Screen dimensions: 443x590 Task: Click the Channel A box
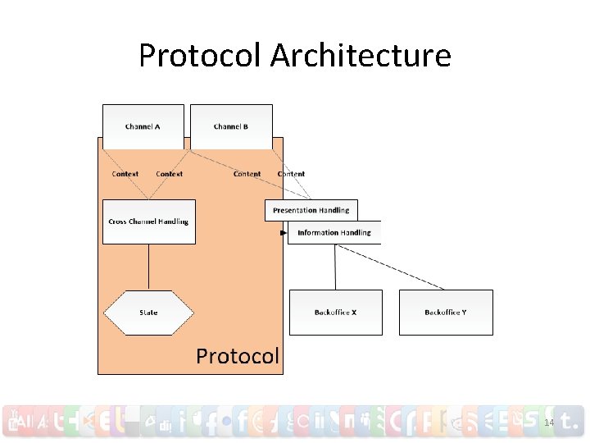143,126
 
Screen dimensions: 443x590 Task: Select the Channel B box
231,126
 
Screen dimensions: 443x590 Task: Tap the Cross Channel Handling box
148,221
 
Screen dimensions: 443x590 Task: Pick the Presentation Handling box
311,211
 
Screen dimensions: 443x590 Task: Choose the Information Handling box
334,233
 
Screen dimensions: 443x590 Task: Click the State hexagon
148,313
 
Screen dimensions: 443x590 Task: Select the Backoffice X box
335,313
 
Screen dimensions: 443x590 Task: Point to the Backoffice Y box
446,313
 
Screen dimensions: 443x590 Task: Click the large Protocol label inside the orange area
238,356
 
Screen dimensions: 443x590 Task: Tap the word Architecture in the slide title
361,56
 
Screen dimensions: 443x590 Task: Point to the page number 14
549,422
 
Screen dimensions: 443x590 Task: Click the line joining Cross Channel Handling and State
148,267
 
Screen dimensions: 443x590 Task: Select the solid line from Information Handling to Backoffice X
335,267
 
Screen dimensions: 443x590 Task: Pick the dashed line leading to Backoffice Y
393,267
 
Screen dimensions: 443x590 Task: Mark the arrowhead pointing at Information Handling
284,233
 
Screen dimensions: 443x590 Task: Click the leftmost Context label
125,174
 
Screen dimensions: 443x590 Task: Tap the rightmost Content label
291,174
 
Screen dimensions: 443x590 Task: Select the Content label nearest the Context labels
247,174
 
